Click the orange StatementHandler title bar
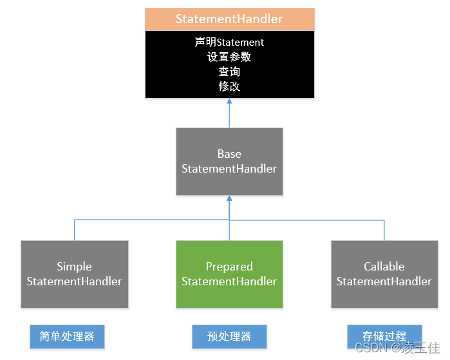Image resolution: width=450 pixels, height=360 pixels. (x=229, y=19)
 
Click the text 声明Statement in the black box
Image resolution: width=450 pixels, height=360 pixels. (x=229, y=43)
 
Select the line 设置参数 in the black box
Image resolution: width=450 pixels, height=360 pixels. (x=229, y=57)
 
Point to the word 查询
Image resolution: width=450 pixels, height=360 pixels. (x=229, y=71)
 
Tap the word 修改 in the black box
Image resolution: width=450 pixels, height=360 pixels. (x=229, y=86)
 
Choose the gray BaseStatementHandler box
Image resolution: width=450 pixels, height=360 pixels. (x=229, y=162)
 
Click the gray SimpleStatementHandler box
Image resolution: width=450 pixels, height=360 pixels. (x=75, y=274)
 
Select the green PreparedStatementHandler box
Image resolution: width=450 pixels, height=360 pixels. (x=229, y=274)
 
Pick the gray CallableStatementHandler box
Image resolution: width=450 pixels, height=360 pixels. (x=384, y=274)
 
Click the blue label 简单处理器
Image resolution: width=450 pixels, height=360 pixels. (x=67, y=336)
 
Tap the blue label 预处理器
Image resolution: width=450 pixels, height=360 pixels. (x=229, y=336)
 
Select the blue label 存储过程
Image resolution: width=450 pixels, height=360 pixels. (x=384, y=336)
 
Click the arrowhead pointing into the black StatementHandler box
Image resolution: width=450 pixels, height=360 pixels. (x=229, y=102)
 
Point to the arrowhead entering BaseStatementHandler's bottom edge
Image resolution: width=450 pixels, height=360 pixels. (x=229, y=199)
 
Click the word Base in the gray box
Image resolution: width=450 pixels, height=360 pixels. (x=229, y=154)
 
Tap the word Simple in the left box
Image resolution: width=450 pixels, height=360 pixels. (x=75, y=267)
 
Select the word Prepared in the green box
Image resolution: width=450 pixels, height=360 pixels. (x=229, y=267)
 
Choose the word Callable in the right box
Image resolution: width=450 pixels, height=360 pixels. (x=384, y=267)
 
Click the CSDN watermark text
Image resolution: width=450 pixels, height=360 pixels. (x=369, y=348)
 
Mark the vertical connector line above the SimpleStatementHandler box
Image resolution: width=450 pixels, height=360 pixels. (x=75, y=230)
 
